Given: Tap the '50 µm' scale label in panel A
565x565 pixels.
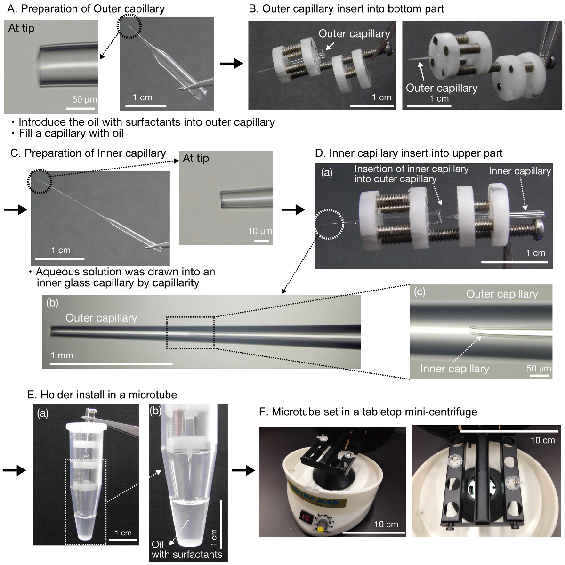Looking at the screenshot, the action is tap(84, 99).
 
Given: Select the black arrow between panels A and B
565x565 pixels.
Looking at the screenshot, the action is tap(231, 64).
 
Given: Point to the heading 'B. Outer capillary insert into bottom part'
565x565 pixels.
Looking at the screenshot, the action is tap(346, 8).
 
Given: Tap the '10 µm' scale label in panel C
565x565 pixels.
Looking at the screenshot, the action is tap(260, 231).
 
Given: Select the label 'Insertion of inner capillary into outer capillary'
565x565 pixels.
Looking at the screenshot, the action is tap(411, 174).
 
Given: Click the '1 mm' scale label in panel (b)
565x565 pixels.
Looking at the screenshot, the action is tap(62, 355).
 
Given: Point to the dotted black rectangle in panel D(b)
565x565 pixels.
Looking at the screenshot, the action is tap(190, 333).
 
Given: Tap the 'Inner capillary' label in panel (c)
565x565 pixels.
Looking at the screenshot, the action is tap(454, 369).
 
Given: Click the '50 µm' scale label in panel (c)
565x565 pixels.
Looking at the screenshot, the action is tap(538, 368).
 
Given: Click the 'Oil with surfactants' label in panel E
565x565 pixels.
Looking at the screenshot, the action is tap(186, 549).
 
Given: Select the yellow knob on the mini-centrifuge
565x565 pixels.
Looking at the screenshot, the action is tap(320, 529).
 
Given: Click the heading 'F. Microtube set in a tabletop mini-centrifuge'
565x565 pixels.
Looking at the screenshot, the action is tap(368, 412).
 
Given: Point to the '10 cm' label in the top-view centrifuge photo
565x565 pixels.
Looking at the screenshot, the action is tap(542, 440).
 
